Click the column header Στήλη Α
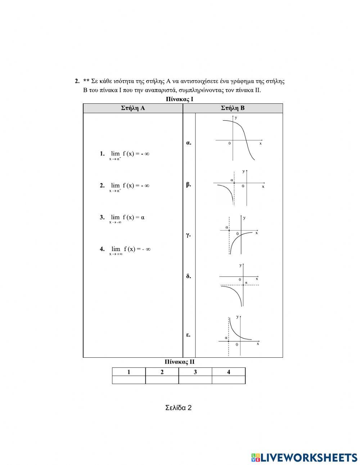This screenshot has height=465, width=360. tap(133, 108)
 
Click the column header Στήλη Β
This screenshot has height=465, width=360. tap(233, 108)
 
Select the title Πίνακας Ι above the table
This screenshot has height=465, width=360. tap(180, 99)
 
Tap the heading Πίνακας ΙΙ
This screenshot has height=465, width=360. tap(179, 362)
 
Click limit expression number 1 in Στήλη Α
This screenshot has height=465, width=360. tap(125, 154)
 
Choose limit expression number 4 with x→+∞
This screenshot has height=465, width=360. tap(125, 249)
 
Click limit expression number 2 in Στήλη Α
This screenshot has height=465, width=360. tap(125, 186)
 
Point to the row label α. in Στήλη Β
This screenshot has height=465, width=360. tap(189, 143)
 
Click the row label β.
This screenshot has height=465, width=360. tap(189, 184)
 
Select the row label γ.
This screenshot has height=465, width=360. tap(188, 235)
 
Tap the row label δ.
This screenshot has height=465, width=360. tap(189, 276)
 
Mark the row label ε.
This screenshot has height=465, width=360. tap(188, 335)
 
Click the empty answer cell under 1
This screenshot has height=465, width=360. tap(129, 380)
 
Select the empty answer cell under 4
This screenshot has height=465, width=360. tap(229, 380)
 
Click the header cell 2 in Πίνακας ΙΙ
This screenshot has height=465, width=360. tap(162, 372)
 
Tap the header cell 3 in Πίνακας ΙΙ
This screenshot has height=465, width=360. tap(195, 372)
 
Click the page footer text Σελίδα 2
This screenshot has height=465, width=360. tap(179, 408)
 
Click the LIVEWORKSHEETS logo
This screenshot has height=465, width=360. tap(304, 457)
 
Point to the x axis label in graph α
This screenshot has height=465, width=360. tap(260, 143)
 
